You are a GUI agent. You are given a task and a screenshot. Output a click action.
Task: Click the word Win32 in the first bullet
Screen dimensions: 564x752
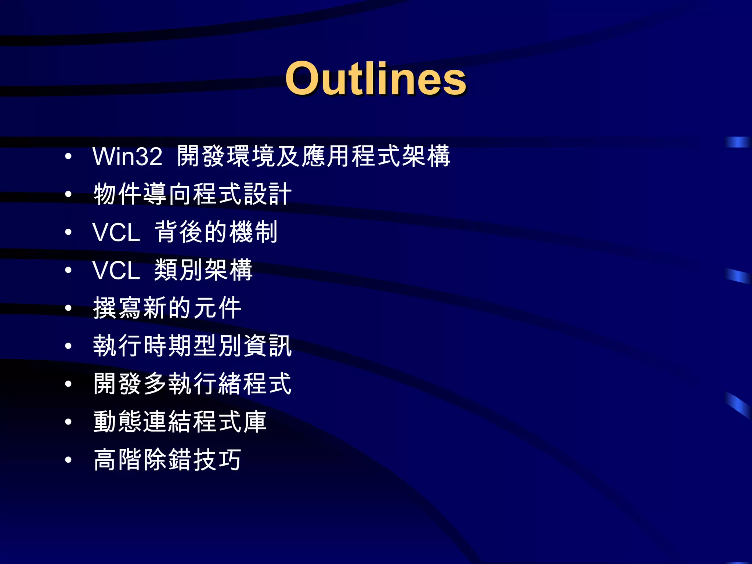point(127,156)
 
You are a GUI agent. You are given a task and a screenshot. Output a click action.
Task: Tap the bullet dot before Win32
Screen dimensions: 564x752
point(68,157)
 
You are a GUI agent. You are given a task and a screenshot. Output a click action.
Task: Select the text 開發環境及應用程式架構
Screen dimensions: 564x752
point(313,156)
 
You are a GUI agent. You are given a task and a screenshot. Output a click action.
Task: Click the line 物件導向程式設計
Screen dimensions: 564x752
point(192,194)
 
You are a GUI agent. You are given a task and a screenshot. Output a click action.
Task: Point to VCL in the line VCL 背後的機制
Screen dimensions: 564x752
point(116,232)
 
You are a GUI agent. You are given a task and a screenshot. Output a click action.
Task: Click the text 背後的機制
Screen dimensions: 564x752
point(216,232)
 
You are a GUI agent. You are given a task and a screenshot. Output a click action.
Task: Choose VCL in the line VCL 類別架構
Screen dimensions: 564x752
point(116,271)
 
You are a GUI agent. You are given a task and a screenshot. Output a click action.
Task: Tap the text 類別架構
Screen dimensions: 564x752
point(203,271)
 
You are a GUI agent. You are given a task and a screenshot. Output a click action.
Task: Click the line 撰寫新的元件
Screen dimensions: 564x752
point(167,308)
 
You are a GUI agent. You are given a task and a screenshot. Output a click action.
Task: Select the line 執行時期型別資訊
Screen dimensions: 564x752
point(192,346)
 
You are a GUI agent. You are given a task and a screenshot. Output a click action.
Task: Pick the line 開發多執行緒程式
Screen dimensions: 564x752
point(192,384)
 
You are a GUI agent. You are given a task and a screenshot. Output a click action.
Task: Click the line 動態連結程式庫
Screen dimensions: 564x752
point(180,422)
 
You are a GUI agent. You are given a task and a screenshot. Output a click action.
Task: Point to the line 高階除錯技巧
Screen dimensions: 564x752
point(167,460)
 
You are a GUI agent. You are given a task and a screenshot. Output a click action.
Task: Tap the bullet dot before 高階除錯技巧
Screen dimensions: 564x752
point(68,460)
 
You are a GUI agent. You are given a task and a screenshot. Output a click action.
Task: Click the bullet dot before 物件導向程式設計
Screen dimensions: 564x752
point(68,195)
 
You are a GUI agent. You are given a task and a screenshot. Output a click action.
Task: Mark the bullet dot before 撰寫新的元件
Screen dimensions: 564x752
point(68,308)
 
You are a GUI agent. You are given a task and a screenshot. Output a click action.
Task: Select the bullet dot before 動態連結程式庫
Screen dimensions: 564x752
point(68,422)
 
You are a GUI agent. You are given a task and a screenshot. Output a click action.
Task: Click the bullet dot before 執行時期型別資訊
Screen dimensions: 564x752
point(68,346)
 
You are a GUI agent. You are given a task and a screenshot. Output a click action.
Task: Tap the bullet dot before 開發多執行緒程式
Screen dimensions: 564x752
point(68,384)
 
